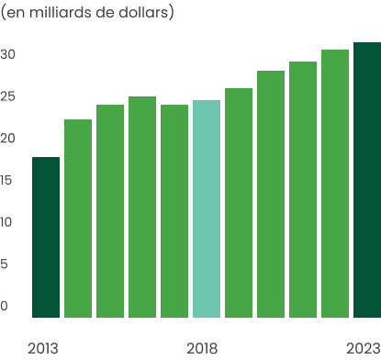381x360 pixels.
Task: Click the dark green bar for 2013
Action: point(46,237)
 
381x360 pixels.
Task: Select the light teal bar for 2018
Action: point(207,208)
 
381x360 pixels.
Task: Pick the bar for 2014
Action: point(78,218)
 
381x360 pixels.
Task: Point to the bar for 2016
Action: point(142,207)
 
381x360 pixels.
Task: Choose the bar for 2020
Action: point(271,194)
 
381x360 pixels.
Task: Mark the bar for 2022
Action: point(335,183)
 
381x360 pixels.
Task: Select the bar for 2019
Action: point(239,202)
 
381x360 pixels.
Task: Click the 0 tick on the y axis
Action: point(5,306)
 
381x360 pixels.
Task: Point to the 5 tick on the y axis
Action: point(5,264)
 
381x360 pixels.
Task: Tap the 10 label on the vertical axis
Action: point(7,222)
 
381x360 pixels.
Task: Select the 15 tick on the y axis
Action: point(7,180)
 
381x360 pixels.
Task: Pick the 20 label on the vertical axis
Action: point(8,138)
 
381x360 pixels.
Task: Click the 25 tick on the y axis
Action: point(8,96)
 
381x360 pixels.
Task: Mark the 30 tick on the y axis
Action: point(8,54)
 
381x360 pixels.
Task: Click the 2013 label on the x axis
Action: point(43,348)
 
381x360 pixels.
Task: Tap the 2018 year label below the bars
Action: point(202,348)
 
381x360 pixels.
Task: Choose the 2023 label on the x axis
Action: point(364,348)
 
